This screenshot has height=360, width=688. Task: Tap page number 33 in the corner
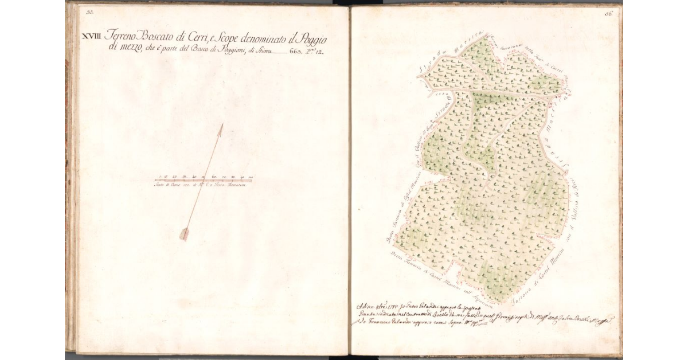(90, 11)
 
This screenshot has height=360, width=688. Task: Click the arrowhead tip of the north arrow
(221, 126)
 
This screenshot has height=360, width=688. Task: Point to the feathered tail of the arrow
(185, 233)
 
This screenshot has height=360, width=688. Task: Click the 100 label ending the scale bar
(251, 177)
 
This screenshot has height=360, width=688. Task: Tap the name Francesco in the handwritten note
(381, 325)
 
